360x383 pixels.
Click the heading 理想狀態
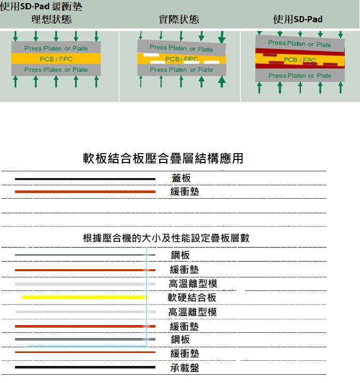tap(51, 19)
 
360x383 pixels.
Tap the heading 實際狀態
tap(179, 19)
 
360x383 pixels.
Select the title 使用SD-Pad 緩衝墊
tap(41, 6)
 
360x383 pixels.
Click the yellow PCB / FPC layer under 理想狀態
tap(56, 59)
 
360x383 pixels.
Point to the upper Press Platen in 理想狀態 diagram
tap(56, 48)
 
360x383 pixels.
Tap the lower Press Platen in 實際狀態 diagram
tap(182, 70)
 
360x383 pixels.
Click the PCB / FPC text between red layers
tap(299, 60)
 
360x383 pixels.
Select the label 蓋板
tap(181, 178)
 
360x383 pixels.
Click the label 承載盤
tap(184, 368)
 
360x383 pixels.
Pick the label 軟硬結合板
tap(192, 298)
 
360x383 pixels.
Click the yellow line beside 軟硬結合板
tap(85, 297)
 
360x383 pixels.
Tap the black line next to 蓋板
tap(85, 179)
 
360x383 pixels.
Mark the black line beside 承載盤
tap(85, 367)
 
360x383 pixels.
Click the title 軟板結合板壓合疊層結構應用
tap(163, 158)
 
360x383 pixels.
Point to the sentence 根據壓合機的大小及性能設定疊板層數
tap(166, 238)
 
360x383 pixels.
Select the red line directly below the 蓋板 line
tap(85, 192)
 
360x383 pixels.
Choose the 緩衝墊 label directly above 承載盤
tap(184, 353)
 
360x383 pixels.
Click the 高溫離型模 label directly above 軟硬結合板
tap(193, 284)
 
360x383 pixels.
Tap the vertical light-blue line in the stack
tap(147, 297)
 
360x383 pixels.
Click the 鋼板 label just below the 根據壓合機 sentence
tap(180, 255)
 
